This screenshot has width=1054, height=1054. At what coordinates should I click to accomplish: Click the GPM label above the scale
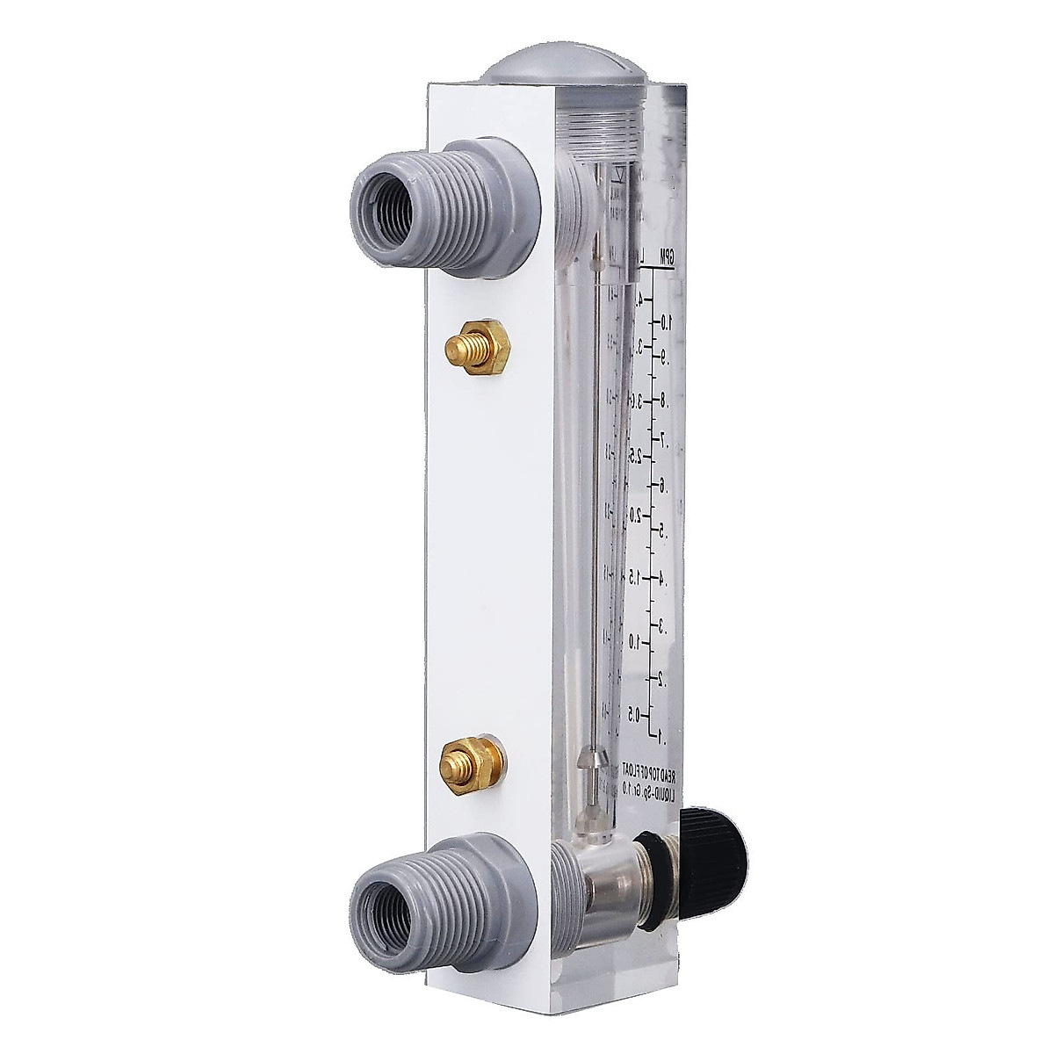(x=668, y=257)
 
